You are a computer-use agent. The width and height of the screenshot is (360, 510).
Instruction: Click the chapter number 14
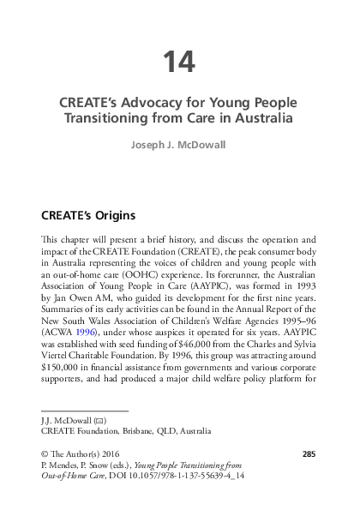point(179,62)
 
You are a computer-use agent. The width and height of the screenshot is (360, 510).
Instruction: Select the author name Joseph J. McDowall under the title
point(179,145)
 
